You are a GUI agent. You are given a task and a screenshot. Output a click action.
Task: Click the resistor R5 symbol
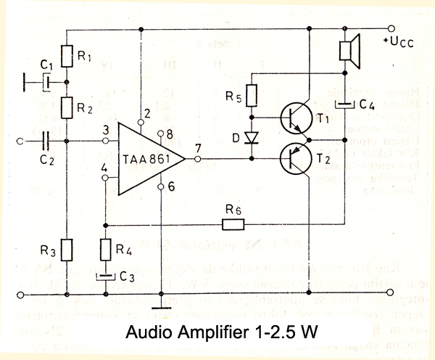251,96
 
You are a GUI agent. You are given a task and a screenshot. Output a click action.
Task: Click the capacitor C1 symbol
45,82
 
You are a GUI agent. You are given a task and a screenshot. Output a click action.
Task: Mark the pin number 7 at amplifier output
198,148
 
